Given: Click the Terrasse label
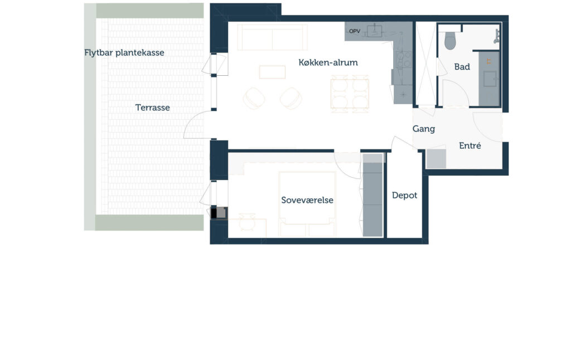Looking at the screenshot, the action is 153,108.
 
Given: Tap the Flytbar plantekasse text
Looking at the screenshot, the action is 124,53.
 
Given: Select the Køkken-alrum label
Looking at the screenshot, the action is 328,62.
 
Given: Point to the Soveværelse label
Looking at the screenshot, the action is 307,200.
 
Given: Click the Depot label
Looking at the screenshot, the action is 405,196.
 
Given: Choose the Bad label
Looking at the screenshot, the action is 462,67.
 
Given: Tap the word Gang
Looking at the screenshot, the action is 424,129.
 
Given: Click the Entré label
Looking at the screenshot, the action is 470,145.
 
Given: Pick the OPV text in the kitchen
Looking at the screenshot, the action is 355,31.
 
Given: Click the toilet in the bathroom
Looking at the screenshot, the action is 450,41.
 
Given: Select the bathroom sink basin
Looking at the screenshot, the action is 490,79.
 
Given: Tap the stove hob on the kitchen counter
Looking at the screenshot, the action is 404,60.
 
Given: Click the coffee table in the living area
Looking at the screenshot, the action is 272,72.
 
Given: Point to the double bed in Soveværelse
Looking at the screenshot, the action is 307,204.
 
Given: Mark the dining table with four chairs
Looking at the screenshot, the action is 350,94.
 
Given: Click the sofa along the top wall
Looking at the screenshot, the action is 272,37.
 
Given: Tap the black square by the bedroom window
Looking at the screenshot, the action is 214,213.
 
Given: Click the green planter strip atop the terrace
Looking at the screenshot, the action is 149,11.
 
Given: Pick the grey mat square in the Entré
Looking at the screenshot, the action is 436,158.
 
